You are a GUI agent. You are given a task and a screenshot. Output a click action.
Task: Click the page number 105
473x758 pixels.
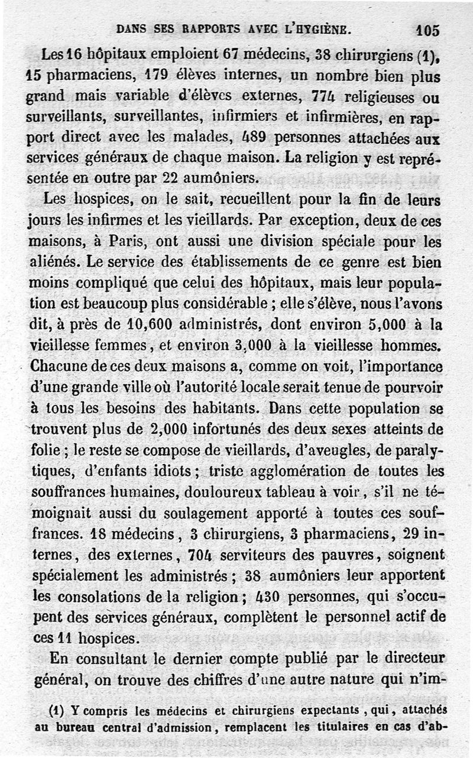[427, 30]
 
